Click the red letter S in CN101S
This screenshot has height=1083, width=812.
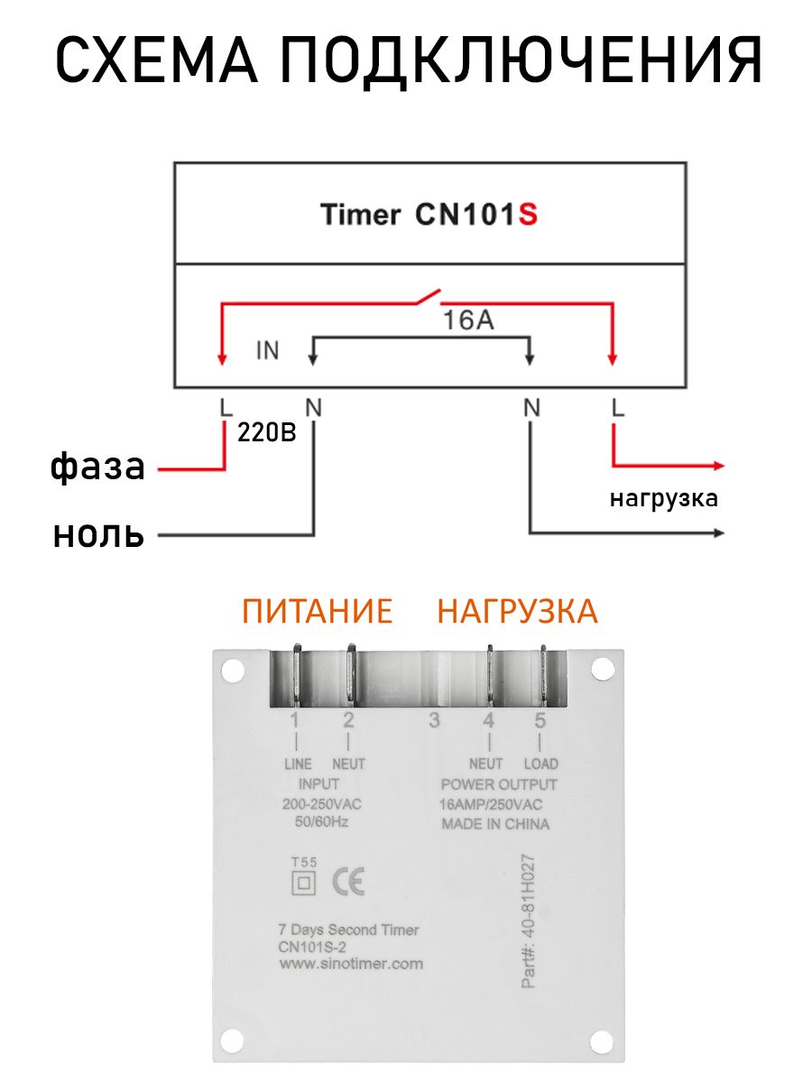527,215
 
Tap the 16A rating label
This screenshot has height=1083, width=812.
468,320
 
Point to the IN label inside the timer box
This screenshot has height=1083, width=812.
268,350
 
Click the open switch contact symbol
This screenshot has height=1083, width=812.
428,296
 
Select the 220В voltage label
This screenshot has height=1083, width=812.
267,432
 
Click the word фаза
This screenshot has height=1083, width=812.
97,466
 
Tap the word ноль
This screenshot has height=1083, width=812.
98,534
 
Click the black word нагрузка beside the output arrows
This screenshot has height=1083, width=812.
664,499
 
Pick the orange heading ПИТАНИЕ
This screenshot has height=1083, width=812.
317,611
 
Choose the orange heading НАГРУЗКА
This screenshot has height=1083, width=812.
517,611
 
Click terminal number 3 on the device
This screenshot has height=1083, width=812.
434,720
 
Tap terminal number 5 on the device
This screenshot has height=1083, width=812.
540,720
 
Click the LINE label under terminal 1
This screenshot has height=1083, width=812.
298,764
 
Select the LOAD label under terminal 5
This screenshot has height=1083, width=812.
540,764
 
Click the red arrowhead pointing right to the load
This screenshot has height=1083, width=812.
719,466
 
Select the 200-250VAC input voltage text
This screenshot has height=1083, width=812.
321,804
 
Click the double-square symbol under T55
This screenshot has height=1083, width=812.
303,883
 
